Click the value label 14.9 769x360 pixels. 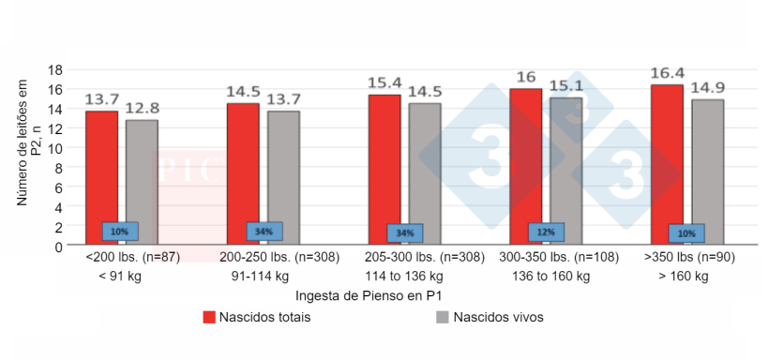click(x=707, y=88)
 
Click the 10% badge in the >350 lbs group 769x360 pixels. click(x=686, y=233)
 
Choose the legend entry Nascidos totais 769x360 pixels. click(x=256, y=317)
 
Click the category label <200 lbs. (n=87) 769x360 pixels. click(x=132, y=256)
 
